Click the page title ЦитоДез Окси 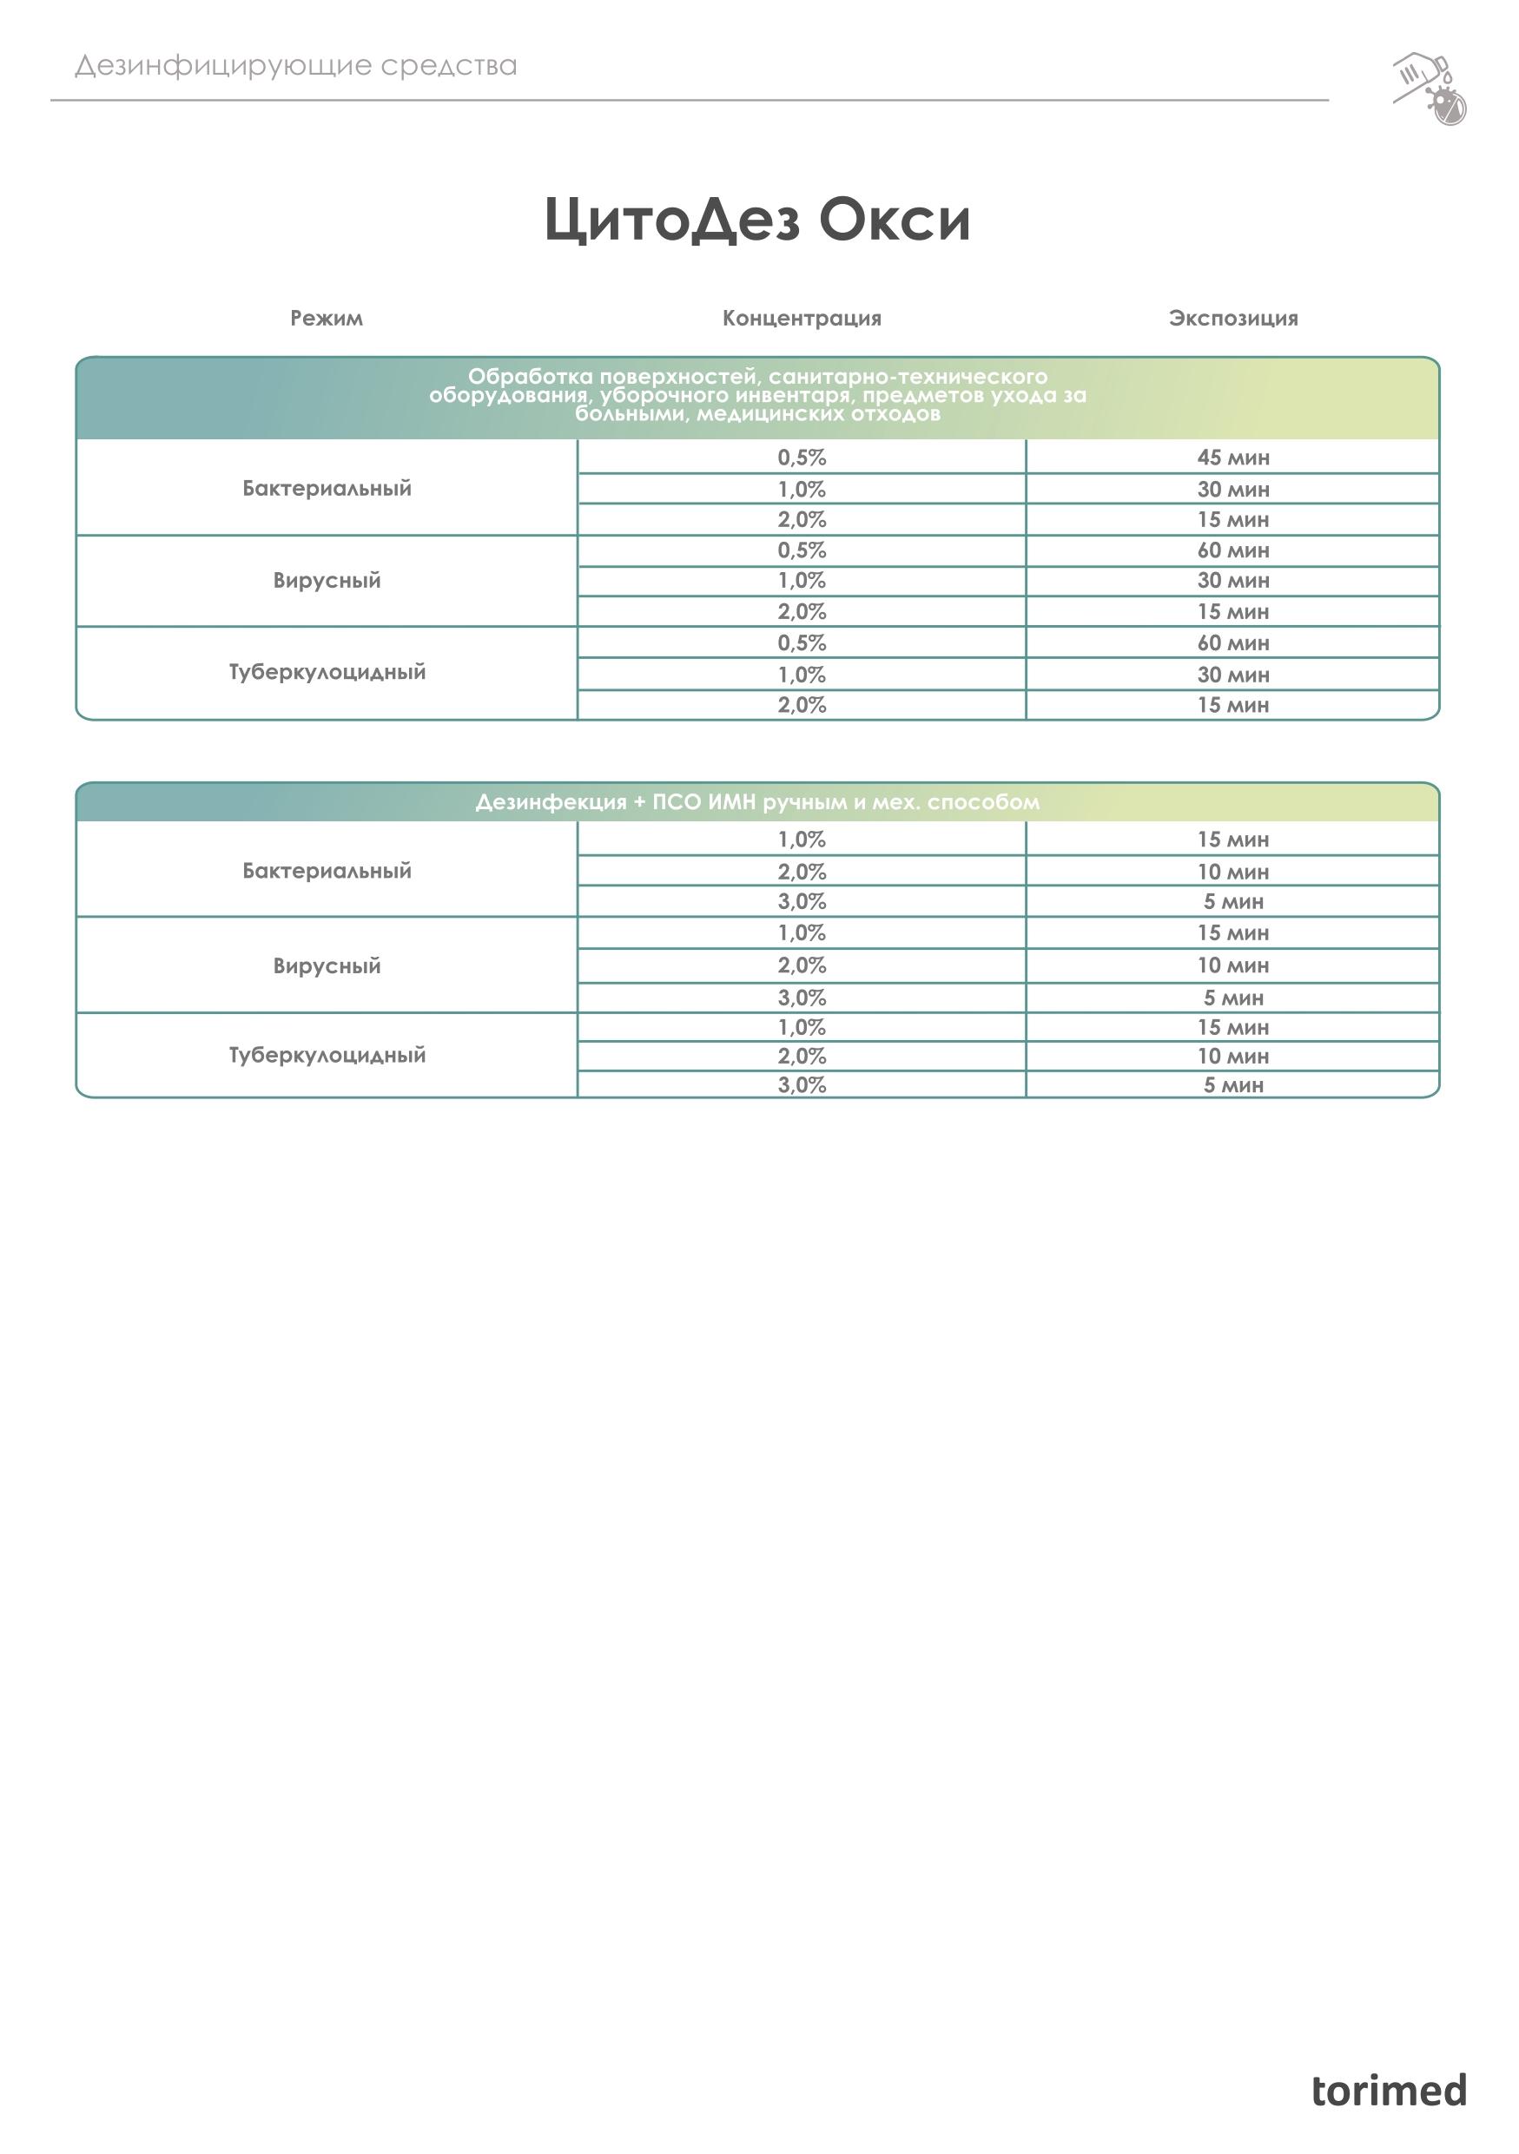[x=757, y=220]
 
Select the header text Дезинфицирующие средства [x=295, y=66]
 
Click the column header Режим [x=326, y=318]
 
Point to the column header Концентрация [x=802, y=318]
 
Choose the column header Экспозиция [x=1233, y=318]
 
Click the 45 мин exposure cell [x=1233, y=458]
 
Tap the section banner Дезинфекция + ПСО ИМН [x=757, y=802]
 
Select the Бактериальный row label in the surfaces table [x=327, y=488]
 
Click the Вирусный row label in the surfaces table [x=327, y=580]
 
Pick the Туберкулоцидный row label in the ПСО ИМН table [x=327, y=1055]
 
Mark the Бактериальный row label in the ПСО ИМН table [x=327, y=871]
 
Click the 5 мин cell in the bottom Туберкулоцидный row [x=1233, y=1085]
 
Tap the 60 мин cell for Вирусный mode [x=1233, y=550]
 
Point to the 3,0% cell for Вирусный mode [x=802, y=998]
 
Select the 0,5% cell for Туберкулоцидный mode [x=802, y=643]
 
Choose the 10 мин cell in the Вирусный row [x=1233, y=965]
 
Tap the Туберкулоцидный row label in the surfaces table [x=327, y=672]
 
